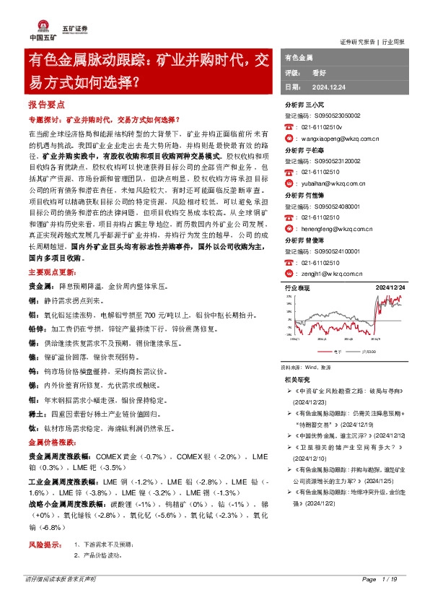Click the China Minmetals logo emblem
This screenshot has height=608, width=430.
click(40, 18)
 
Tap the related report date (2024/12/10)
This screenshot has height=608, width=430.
click(312, 459)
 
